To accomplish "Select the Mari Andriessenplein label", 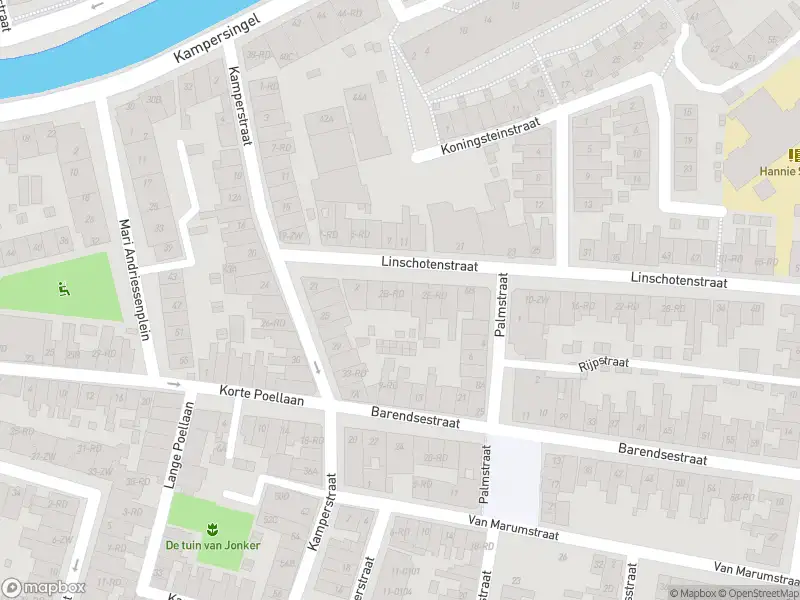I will pyautogui.click(x=136, y=279).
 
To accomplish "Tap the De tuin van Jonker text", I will pyautogui.click(x=211, y=546).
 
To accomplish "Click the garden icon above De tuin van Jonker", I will pyautogui.click(x=211, y=528).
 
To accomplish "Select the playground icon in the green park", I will pyautogui.click(x=64, y=291).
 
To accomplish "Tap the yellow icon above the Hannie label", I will pyautogui.click(x=793, y=154).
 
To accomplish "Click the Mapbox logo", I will pyautogui.click(x=44, y=588).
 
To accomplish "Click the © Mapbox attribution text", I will pyautogui.click(x=693, y=592).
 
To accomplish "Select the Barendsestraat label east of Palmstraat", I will pyautogui.click(x=662, y=455).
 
